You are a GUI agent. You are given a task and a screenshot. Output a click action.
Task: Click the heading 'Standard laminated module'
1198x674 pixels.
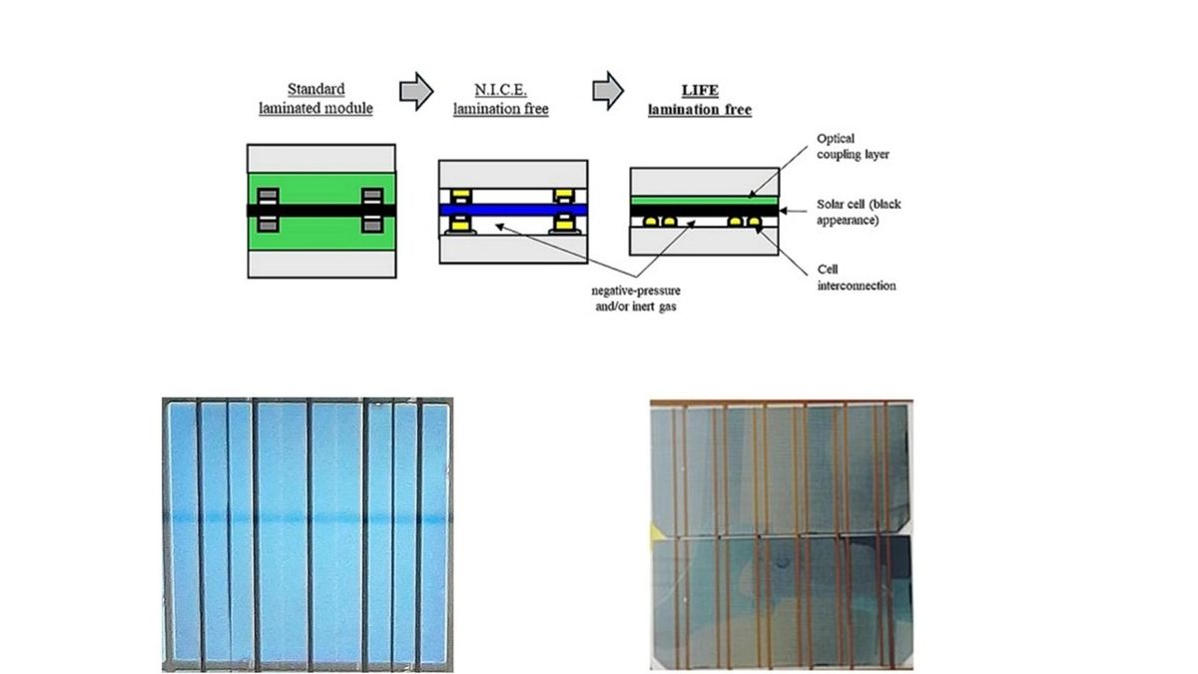click(x=315, y=99)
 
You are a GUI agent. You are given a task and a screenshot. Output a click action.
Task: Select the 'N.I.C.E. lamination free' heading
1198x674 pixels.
click(x=500, y=99)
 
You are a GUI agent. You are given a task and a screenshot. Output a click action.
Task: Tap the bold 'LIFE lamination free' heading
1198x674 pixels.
click(x=700, y=100)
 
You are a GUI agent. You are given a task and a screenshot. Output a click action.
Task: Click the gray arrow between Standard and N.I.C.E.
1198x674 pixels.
click(x=416, y=92)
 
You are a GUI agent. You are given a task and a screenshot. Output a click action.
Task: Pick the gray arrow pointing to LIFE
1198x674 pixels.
click(x=608, y=91)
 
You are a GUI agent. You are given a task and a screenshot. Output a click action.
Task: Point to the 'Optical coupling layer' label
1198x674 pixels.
click(x=853, y=146)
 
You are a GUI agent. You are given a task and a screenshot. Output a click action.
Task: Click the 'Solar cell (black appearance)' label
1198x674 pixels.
click(x=859, y=212)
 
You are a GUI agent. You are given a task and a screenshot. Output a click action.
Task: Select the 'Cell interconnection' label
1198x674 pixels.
click(x=857, y=278)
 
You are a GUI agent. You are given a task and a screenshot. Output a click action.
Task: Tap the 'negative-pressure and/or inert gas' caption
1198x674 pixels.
click(x=636, y=299)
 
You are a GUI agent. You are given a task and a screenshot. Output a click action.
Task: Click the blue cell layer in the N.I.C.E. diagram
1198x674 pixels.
click(x=513, y=210)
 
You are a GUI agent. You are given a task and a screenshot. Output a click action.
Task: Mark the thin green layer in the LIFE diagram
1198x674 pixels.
click(x=705, y=201)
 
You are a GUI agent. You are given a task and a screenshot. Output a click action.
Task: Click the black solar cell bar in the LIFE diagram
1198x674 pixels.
click(x=705, y=211)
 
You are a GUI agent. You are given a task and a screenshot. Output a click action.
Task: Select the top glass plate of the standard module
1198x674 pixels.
click(x=321, y=159)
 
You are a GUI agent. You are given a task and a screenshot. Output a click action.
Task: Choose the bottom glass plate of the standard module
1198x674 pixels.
click(x=321, y=264)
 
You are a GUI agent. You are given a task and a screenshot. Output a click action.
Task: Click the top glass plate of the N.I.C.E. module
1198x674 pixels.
click(x=513, y=175)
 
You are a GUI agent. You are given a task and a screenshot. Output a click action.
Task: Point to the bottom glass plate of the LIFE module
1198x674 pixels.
click(x=705, y=241)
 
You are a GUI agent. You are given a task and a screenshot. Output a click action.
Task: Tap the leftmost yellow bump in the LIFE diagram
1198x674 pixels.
click(x=650, y=222)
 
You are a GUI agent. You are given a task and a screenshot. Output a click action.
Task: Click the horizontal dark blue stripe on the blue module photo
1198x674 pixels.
click(x=307, y=518)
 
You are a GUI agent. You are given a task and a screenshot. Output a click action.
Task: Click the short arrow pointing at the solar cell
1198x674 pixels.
click(x=793, y=211)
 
